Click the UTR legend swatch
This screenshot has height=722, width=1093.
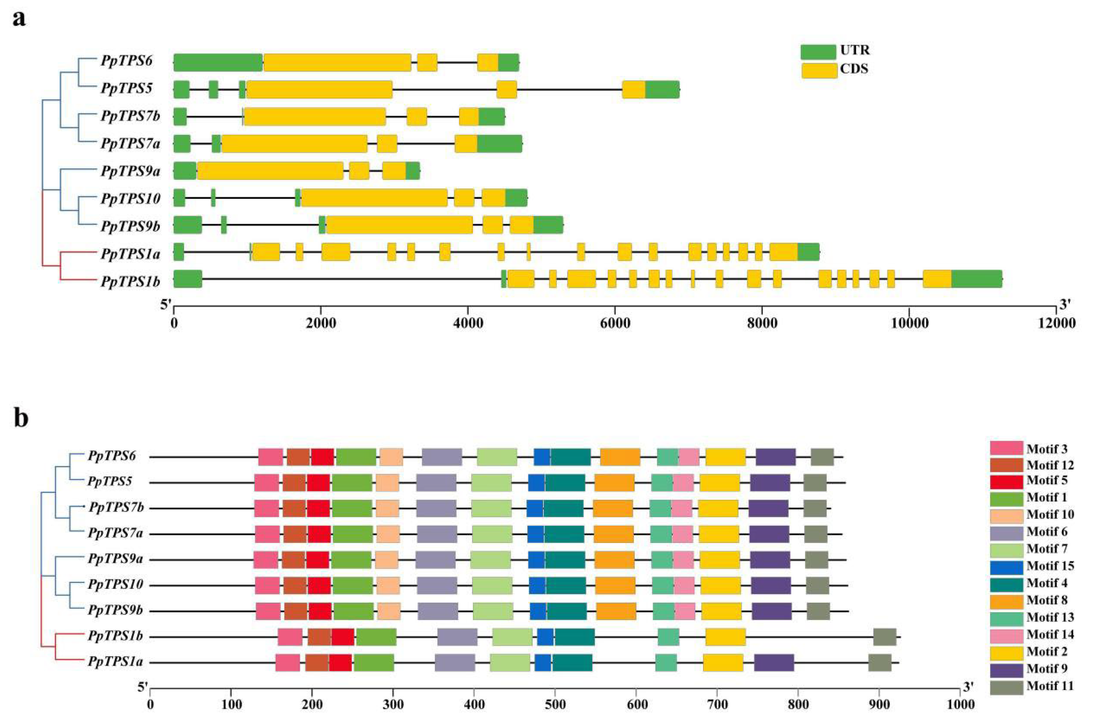(x=818, y=52)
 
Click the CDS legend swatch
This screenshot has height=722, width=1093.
(x=818, y=71)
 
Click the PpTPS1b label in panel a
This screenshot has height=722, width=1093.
(x=130, y=281)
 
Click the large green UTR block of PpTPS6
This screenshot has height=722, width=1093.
(x=218, y=62)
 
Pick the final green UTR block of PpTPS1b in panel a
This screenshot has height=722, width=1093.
(x=976, y=279)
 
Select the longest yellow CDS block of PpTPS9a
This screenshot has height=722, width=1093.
(x=270, y=171)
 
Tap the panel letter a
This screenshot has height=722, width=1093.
(x=19, y=19)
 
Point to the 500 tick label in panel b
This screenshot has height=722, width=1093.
(x=554, y=704)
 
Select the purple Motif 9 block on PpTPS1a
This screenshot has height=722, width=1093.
(x=774, y=663)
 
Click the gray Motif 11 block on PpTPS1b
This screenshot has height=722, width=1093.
(x=884, y=637)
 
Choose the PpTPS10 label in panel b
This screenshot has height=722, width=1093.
(x=115, y=585)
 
